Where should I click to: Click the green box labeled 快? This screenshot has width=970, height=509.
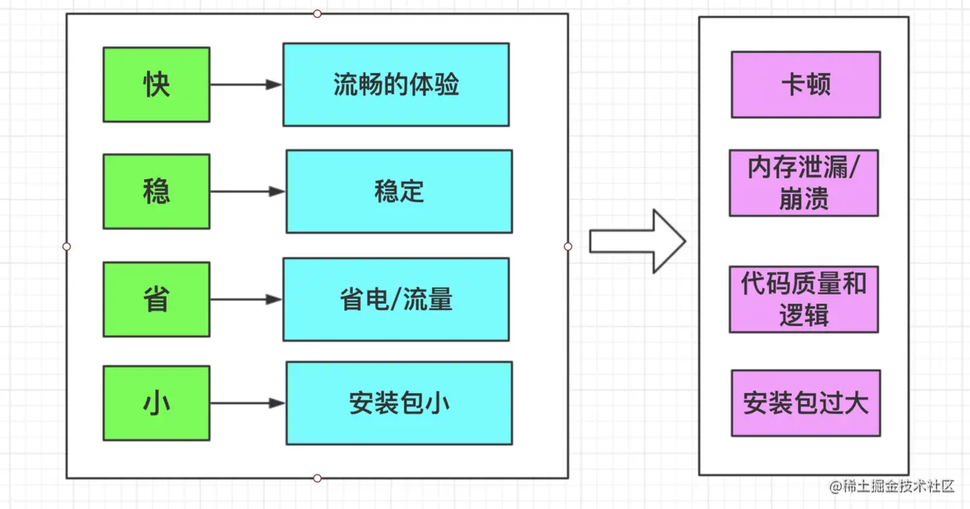(156, 85)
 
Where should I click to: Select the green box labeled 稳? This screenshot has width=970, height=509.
(156, 191)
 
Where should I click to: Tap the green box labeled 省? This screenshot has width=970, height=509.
(156, 299)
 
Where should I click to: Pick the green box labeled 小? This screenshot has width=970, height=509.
(156, 403)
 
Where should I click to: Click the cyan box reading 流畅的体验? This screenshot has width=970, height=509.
(396, 85)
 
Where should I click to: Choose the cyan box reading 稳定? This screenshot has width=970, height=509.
(399, 191)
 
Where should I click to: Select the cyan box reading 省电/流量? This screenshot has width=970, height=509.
(396, 299)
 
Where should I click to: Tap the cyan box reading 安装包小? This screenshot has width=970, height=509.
(399, 403)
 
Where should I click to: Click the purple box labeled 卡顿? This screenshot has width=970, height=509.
(806, 85)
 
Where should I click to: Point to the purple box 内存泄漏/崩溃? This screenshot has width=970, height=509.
(803, 183)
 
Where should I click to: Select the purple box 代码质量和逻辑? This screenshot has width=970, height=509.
(803, 299)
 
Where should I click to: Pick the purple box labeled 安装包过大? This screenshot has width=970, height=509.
(806, 403)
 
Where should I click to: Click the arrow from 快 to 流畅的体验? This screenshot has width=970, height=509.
(246, 85)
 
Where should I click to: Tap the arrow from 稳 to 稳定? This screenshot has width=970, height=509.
(247, 191)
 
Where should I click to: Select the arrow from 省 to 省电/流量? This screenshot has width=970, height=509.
(246, 299)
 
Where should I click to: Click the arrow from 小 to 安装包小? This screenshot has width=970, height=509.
(247, 403)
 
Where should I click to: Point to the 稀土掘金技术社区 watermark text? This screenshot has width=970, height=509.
(893, 486)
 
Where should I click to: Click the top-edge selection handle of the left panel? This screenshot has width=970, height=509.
(317, 13)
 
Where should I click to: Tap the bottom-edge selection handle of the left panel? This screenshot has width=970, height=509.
(317, 478)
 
